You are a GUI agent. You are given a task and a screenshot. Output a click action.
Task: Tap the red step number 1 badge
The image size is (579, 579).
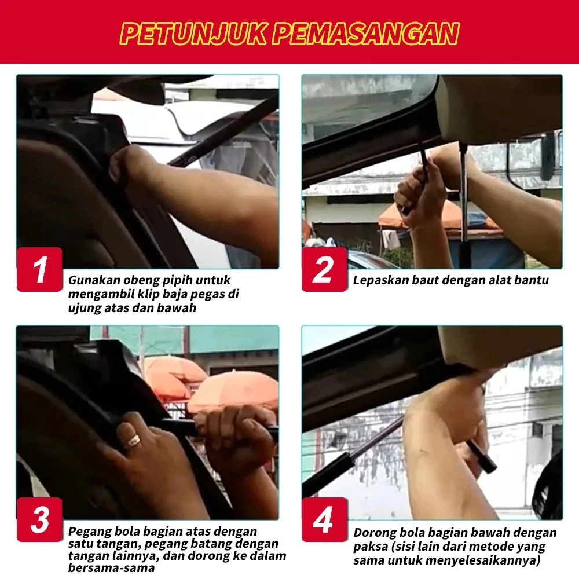point(39,269)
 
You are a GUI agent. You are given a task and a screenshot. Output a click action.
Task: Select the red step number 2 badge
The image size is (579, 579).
point(324,269)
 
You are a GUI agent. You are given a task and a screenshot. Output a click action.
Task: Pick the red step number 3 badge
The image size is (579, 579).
point(39,519)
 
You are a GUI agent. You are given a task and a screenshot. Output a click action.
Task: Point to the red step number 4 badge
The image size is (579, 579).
point(324,519)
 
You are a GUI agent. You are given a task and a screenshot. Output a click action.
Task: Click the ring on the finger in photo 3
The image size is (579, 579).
point(134,440)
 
